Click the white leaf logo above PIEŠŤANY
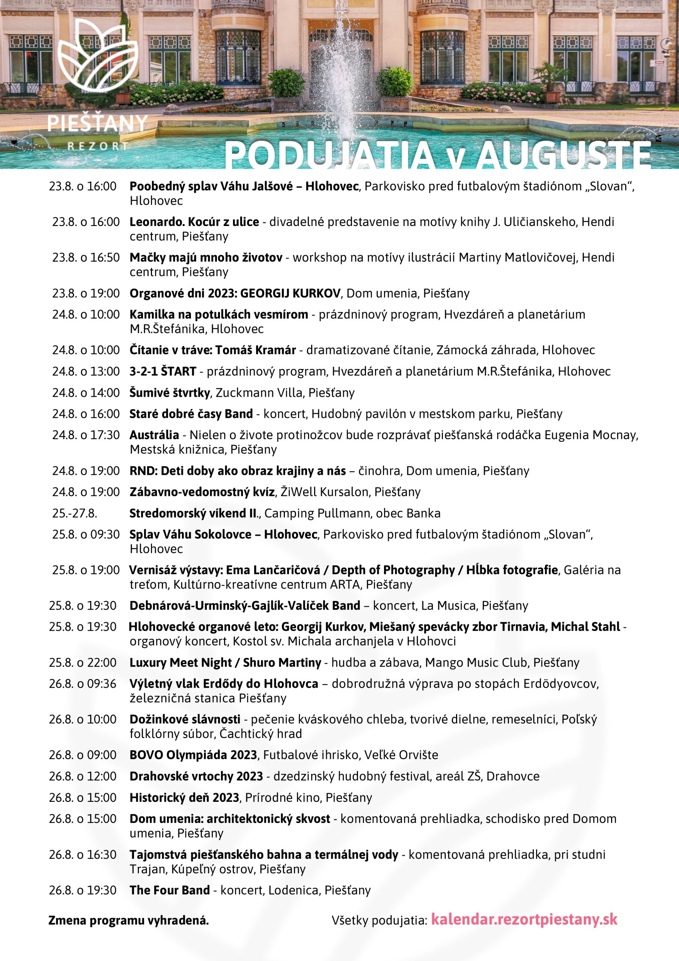98,57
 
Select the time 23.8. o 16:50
86,258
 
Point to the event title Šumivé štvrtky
170,393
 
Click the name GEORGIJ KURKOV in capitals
290,294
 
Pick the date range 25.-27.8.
75,513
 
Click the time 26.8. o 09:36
83,684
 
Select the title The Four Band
170,890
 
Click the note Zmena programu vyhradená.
128,920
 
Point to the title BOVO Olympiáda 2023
193,755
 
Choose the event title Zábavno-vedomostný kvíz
202,492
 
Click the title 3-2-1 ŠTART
163,371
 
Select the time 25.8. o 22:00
83,663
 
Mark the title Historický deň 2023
184,797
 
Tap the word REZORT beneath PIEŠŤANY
98,146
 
